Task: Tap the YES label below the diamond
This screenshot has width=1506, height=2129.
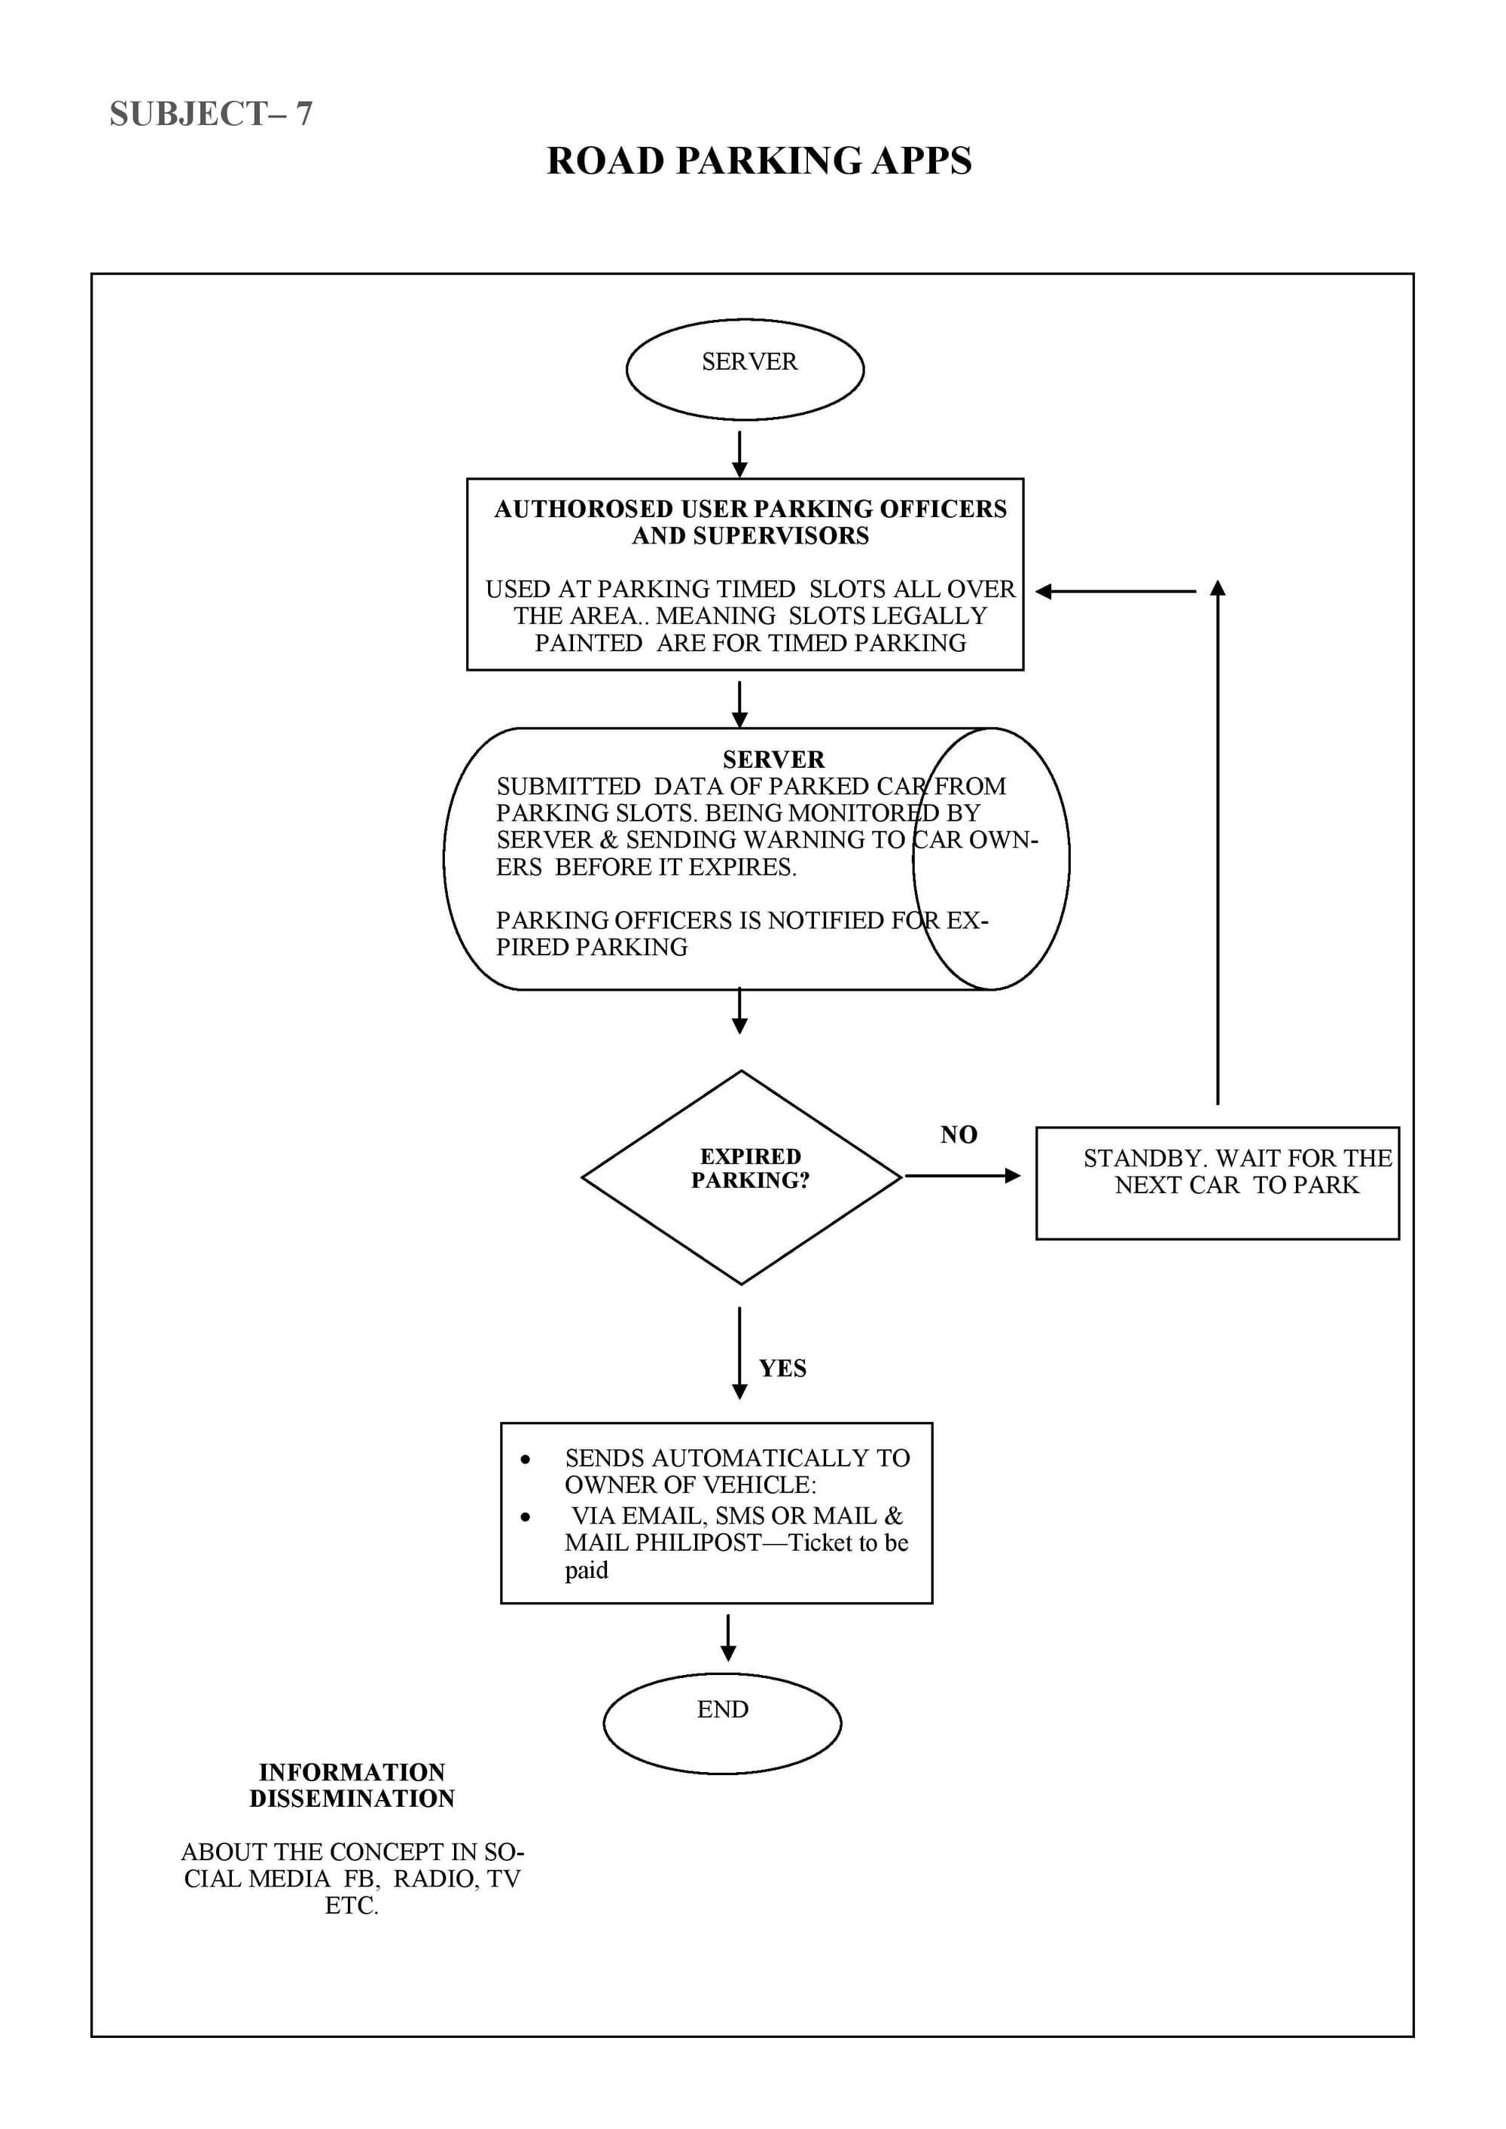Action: point(782,1369)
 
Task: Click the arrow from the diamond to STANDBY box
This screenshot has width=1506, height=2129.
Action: point(962,1176)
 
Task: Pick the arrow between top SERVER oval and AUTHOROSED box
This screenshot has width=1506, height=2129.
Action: point(739,455)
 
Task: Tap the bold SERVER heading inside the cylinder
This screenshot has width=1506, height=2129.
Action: point(773,760)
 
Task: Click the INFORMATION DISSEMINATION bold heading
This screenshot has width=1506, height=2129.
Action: point(352,1785)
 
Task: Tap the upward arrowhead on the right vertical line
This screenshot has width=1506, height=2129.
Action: point(1218,588)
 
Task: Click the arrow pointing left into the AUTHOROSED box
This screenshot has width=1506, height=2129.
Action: point(1116,592)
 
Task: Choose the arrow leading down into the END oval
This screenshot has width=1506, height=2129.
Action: point(728,1637)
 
